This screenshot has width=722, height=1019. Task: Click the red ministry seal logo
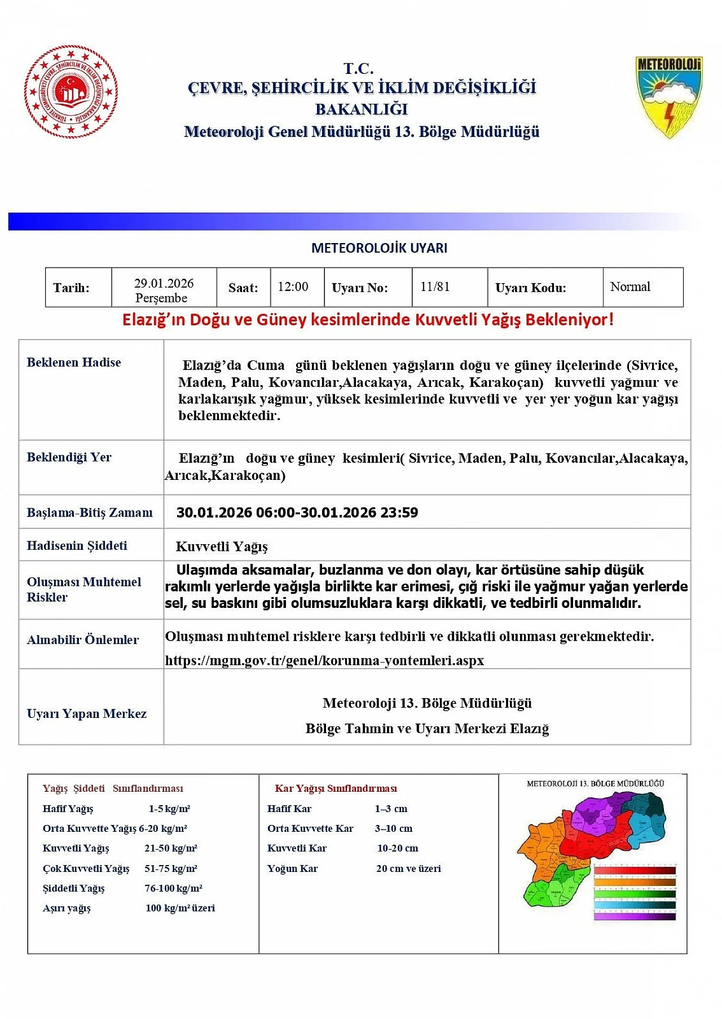[x=71, y=92]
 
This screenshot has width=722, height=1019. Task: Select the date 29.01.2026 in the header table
[x=164, y=283]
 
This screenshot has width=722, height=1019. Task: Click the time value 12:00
[x=293, y=286]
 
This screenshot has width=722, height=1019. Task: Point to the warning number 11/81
[x=435, y=286]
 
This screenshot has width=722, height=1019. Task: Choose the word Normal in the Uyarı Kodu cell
[x=630, y=286]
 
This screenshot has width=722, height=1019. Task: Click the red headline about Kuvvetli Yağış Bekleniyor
[x=368, y=320]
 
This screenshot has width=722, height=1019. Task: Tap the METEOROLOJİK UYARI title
[x=379, y=248]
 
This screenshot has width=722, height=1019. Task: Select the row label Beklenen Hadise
[x=74, y=362]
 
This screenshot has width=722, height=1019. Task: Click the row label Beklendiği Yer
[x=69, y=457]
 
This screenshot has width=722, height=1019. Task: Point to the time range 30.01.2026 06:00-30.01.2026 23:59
[x=297, y=513]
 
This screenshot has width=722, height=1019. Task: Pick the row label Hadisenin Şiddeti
[x=77, y=545]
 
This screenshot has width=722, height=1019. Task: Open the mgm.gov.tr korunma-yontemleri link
[x=324, y=660]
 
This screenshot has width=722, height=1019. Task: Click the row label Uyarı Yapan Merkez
[x=86, y=713]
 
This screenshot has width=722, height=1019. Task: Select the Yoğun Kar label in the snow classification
[x=292, y=868]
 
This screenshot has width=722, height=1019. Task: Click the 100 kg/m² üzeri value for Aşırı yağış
[x=180, y=908]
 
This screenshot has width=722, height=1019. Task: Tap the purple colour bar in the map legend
[x=635, y=916]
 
